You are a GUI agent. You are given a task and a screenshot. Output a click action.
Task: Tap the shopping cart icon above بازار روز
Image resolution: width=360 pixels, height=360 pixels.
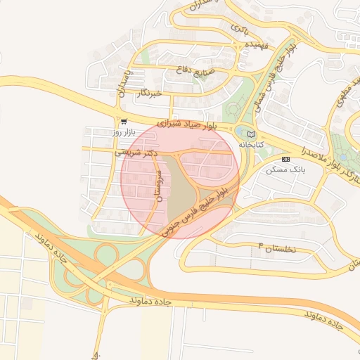click(x=124, y=120)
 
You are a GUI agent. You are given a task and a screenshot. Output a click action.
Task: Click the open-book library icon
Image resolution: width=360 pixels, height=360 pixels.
click(x=252, y=134)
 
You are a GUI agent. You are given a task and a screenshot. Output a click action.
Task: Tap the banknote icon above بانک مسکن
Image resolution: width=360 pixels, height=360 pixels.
click(x=285, y=160)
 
